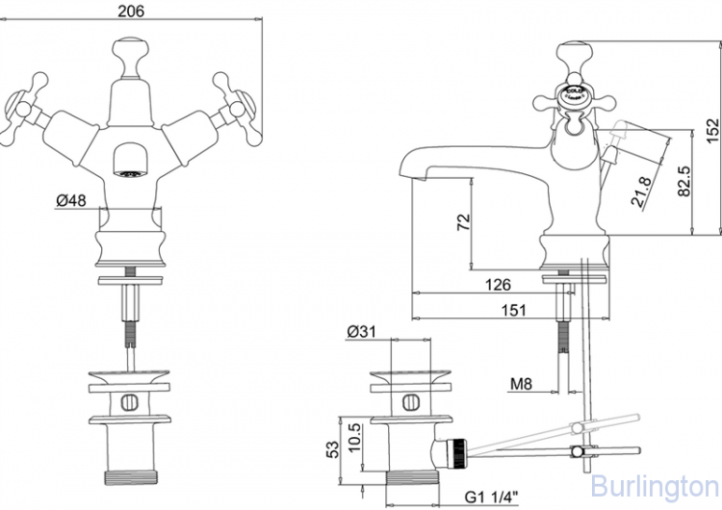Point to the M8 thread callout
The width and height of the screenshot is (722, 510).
521,385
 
